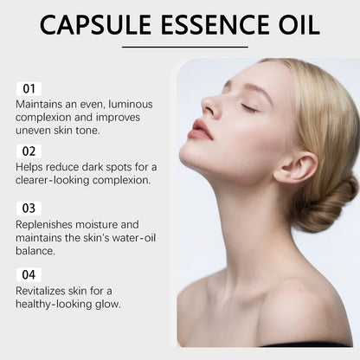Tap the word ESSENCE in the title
[x=213, y=24]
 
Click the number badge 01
[x=29, y=88]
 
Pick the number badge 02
[x=29, y=151]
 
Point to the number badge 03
[x=29, y=208]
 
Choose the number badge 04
[x=29, y=274]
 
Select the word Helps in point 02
[x=29, y=168]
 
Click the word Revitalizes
[x=42, y=292]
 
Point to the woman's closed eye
[x=250, y=107]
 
